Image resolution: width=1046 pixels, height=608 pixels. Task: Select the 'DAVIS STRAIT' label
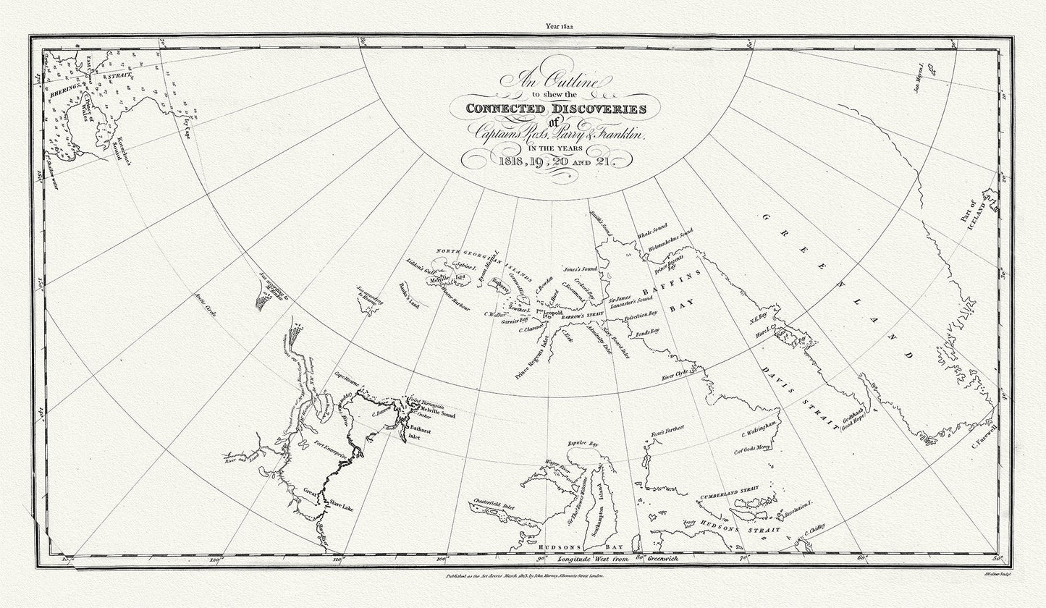806,399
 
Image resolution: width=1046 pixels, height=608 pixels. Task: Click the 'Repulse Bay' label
583,442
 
